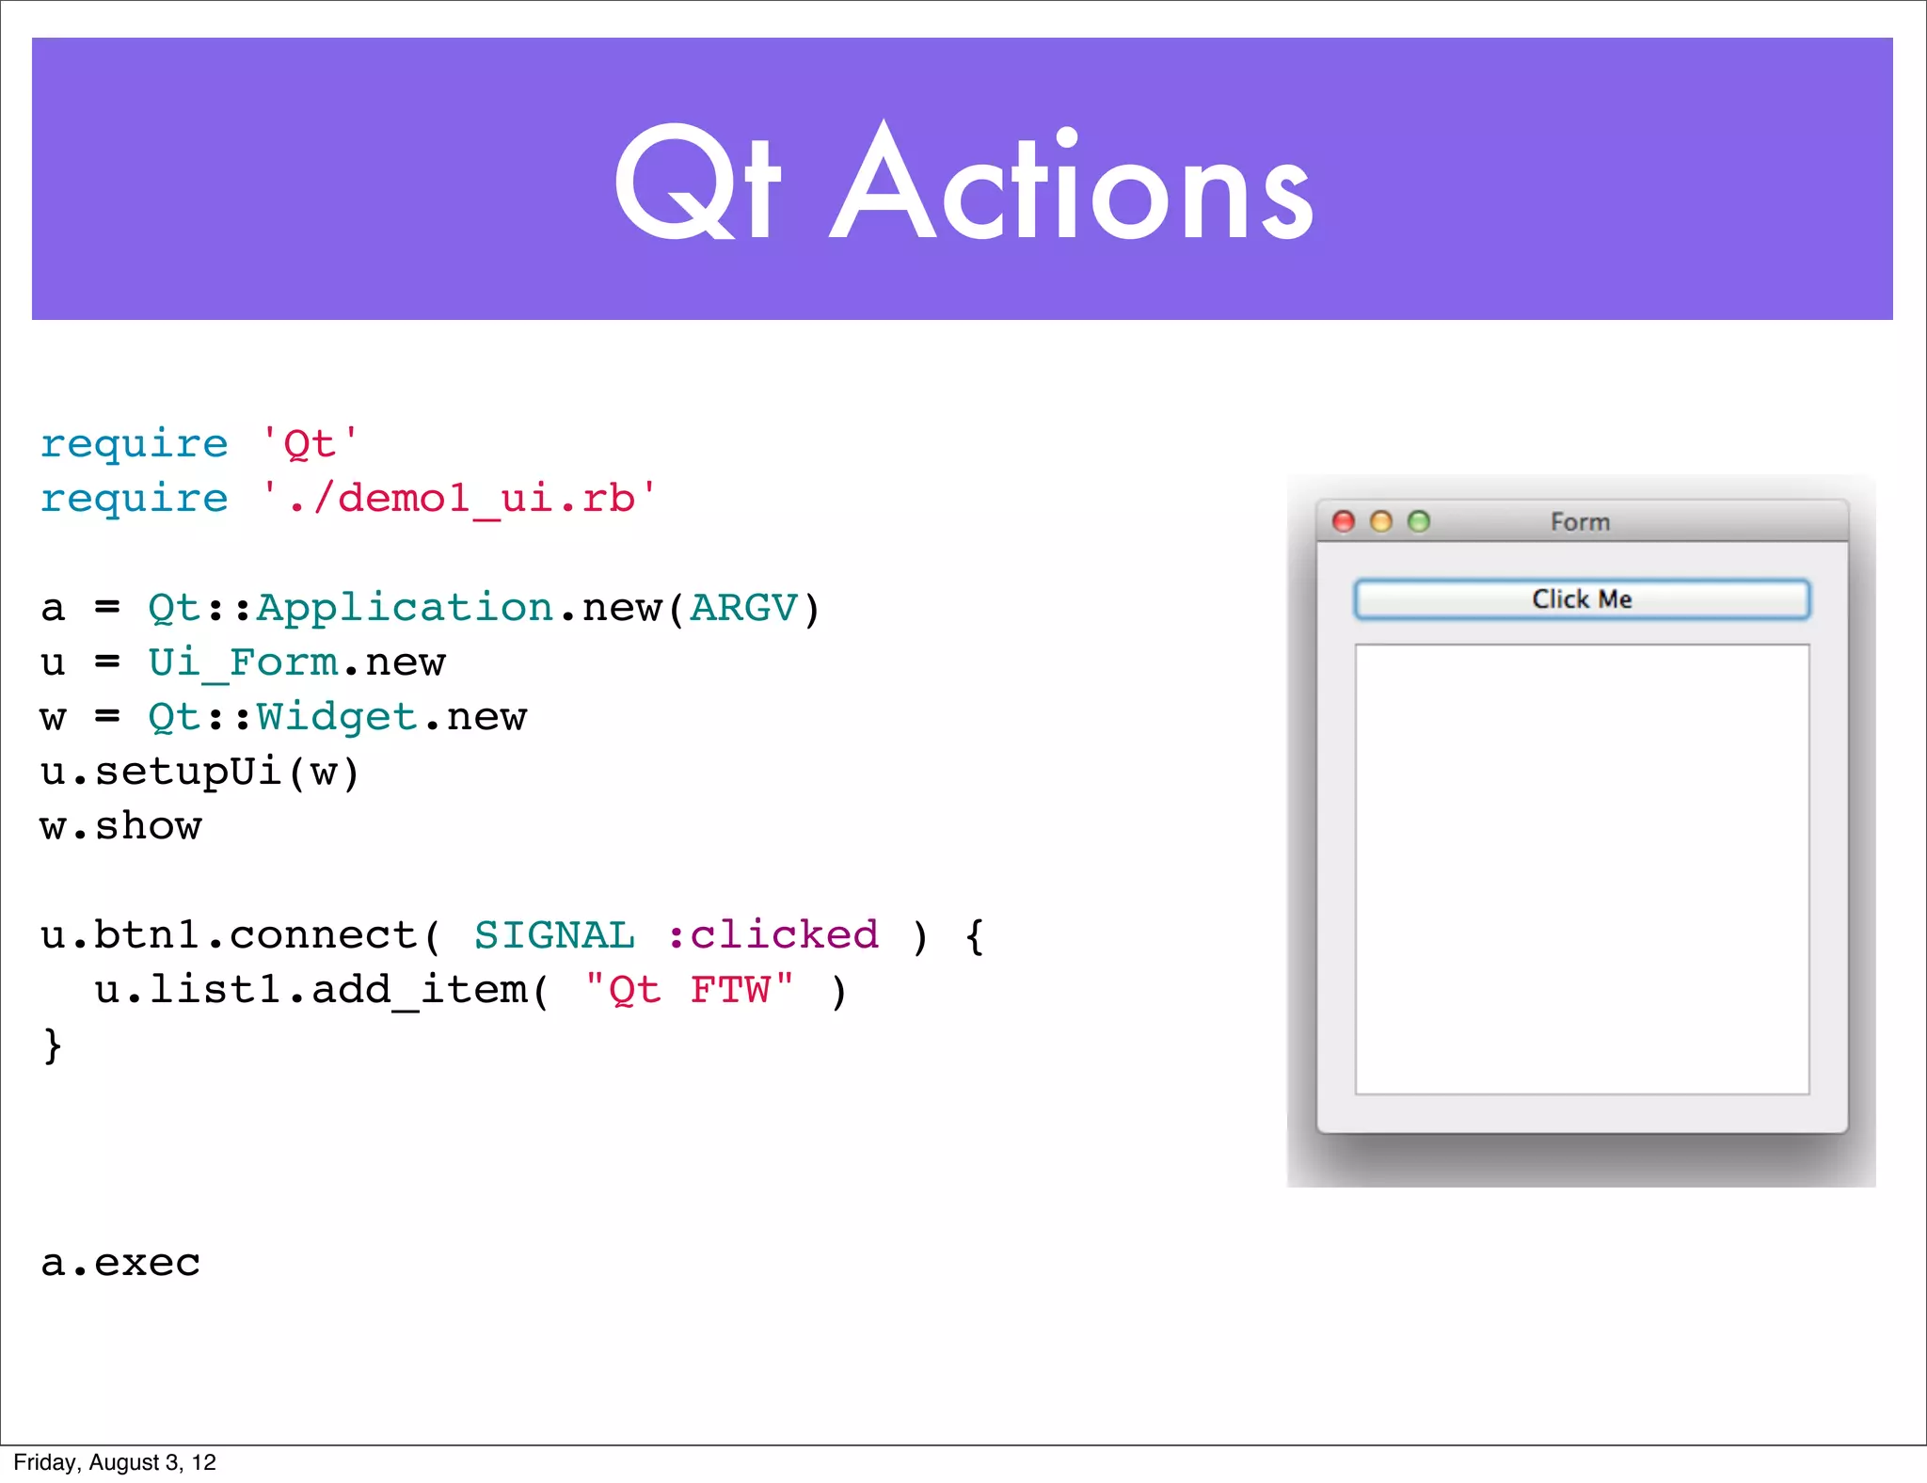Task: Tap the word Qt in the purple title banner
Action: click(697, 183)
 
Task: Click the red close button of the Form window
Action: click(1344, 521)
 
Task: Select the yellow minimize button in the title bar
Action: click(1380, 521)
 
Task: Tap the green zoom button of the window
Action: click(1418, 521)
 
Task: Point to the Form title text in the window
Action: click(1580, 522)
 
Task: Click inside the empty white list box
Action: click(1582, 869)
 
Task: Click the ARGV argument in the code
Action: click(743, 608)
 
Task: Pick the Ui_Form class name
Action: click(243, 662)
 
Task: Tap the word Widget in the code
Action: click(337, 717)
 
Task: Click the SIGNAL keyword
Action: click(554, 935)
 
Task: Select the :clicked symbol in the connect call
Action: click(773, 935)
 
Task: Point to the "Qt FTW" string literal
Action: click(690, 990)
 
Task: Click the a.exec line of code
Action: click(120, 1263)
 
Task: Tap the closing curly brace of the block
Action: click(53, 1045)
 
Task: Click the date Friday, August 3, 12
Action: click(115, 1462)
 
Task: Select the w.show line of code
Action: click(120, 826)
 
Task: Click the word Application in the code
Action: click(405, 608)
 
